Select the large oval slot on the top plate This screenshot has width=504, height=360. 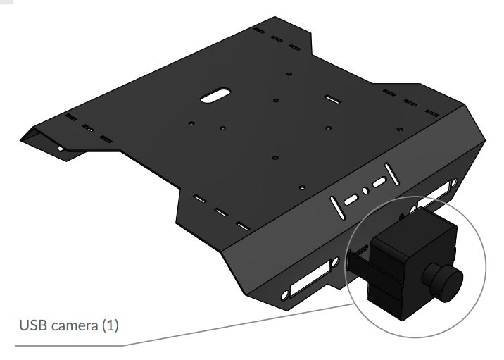coord(218,95)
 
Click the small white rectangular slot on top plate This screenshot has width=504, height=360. coord(333,99)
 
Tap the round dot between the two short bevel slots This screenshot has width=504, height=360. coord(365,190)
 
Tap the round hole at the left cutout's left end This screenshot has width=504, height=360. coord(285,294)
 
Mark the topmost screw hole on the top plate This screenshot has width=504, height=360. coord(289,73)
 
